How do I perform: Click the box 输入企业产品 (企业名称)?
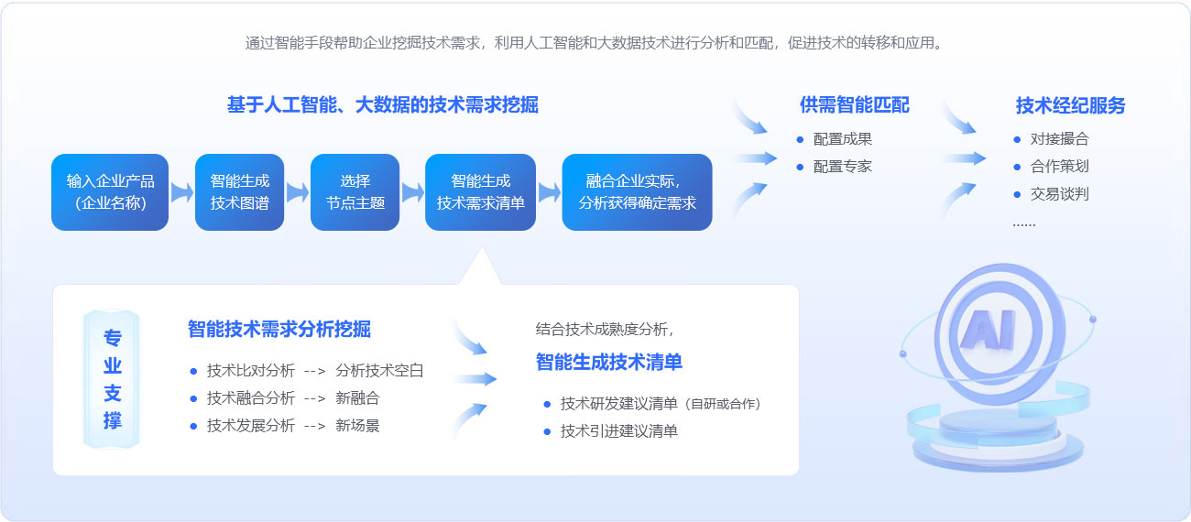[x=110, y=192]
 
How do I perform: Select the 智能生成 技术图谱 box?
[x=240, y=192]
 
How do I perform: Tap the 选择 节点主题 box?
[x=355, y=192]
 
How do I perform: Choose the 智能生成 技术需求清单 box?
[x=481, y=192]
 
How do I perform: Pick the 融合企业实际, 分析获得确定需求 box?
[x=637, y=192]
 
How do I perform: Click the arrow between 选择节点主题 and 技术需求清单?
[x=412, y=192]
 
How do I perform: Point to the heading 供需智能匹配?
[x=855, y=105]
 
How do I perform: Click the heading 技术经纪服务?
[x=1070, y=105]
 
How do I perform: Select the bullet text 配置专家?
[x=843, y=167]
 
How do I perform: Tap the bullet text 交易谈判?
[x=1060, y=194]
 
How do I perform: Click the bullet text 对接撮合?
[x=1060, y=139]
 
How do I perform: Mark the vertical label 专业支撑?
[x=112, y=379]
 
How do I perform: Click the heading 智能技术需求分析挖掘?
[x=279, y=329]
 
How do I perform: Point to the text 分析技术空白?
[x=379, y=371]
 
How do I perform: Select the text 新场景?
[x=357, y=426]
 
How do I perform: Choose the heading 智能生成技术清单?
[x=609, y=362]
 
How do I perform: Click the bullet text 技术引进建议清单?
[x=619, y=431]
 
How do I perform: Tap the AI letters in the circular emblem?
[x=989, y=330]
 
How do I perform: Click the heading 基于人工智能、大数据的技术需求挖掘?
[x=383, y=104]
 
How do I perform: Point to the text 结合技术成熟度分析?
[x=605, y=330]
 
